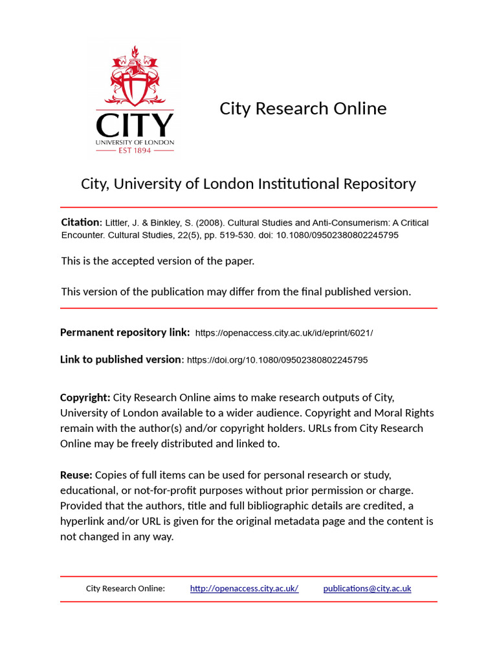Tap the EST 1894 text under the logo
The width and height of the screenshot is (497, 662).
click(135, 150)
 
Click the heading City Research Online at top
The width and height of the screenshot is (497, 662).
click(303, 108)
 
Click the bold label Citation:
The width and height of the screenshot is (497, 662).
click(81, 222)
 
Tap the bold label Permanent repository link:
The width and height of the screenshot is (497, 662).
click(125, 332)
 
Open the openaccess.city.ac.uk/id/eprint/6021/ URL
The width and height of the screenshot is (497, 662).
click(284, 333)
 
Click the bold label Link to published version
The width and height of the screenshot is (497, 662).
click(121, 359)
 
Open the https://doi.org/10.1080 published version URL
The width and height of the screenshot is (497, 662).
click(277, 360)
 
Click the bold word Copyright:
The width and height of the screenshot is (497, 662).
click(85, 397)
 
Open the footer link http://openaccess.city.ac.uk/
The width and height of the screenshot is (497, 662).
click(244, 588)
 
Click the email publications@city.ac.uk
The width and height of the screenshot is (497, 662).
click(367, 588)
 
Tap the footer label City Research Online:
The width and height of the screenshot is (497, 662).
click(126, 588)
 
